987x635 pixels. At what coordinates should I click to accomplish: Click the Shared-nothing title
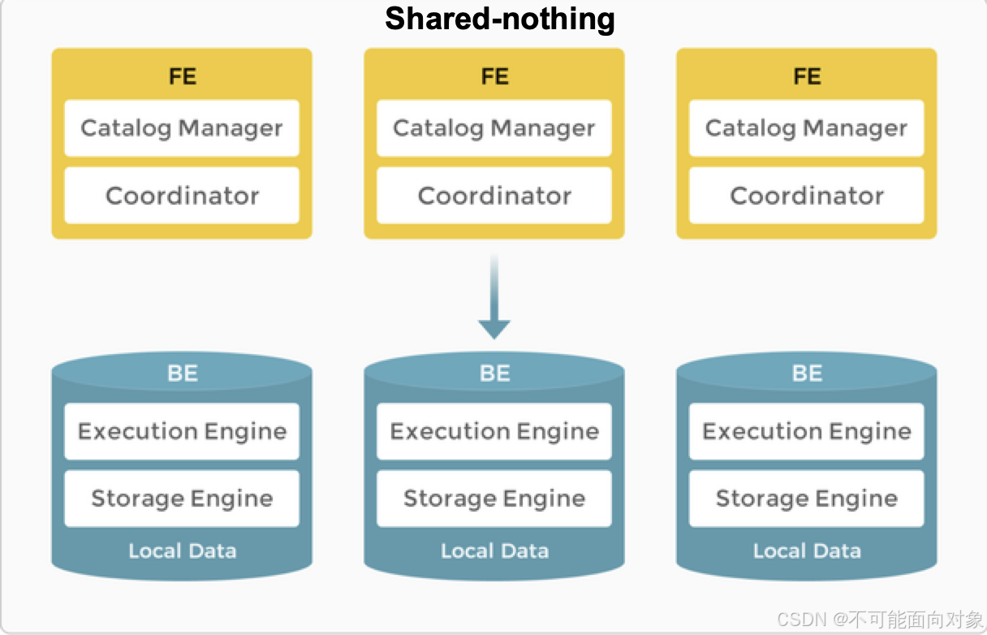499,18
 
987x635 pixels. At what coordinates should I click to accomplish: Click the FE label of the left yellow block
182,76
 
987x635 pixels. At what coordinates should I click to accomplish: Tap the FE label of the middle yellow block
494,76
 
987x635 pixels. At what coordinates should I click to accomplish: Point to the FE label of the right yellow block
807,76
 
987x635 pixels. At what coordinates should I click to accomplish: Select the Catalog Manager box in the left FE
182,128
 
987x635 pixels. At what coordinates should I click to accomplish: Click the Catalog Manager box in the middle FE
494,128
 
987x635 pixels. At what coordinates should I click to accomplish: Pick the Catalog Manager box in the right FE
807,128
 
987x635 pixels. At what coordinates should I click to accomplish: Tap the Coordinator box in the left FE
182,196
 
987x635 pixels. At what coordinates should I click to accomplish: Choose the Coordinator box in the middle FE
494,196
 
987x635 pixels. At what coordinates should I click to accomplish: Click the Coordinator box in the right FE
807,196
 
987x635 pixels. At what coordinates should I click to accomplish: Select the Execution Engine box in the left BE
182,431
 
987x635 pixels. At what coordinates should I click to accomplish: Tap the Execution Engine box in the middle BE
494,431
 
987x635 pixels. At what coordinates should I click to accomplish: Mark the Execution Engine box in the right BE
807,431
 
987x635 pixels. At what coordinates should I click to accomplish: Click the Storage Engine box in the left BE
182,499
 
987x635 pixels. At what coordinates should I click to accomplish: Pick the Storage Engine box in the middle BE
494,499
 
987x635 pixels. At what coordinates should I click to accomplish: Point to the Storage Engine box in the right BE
807,499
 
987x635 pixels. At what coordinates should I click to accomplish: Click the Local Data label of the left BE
182,551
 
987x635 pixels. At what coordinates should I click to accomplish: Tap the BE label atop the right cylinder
807,373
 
